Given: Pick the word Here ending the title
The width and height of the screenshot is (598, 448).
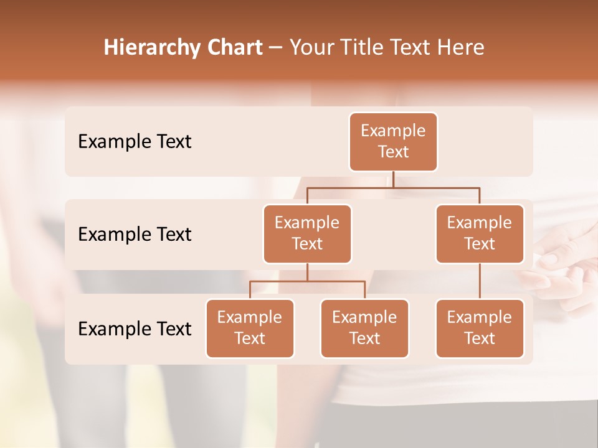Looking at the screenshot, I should point(460,47).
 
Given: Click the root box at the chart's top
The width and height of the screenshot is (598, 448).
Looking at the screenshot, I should point(393,142).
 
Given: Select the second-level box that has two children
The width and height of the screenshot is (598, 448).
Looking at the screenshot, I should point(307,233).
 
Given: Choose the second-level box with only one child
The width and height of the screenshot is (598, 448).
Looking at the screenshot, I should point(480,233).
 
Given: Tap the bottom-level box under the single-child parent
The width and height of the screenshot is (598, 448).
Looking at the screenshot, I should point(480,328).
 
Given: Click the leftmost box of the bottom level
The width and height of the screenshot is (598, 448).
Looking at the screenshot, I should point(250,328).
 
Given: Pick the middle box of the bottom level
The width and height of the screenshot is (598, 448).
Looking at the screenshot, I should point(364,328).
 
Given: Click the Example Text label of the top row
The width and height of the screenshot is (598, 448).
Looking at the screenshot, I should point(135,142).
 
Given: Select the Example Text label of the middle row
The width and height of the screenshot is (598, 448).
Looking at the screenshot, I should point(135,234).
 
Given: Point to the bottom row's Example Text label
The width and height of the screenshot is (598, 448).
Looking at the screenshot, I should point(135,329).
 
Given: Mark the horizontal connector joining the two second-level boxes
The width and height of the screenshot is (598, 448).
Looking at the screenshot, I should point(393,187).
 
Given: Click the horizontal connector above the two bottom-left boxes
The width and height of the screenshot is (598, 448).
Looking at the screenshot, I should point(307,281).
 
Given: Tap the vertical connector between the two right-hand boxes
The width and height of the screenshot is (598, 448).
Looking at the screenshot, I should point(480,281).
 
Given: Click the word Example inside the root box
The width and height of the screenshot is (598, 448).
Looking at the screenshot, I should point(393,131).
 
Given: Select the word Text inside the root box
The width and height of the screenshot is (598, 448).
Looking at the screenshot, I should point(393,152).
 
